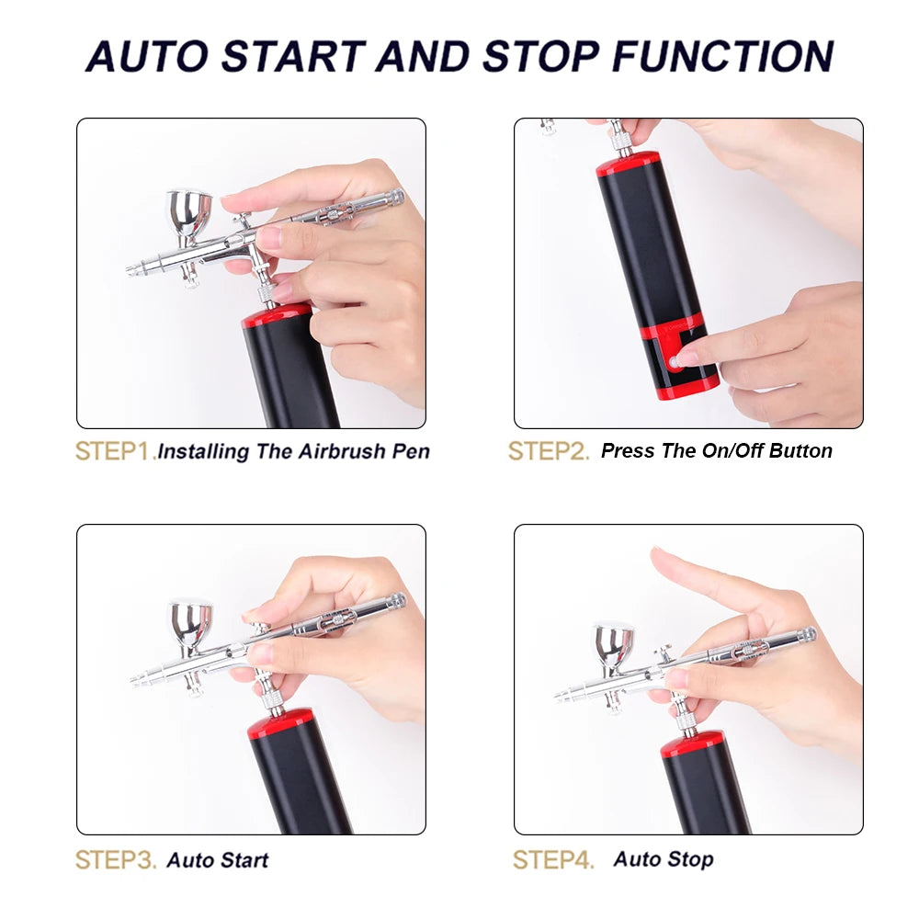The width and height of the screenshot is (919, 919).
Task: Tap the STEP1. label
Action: [115, 451]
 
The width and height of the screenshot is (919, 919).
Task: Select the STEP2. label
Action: [549, 451]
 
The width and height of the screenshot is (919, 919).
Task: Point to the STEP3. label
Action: [115, 860]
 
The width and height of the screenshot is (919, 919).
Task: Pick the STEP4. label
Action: [552, 860]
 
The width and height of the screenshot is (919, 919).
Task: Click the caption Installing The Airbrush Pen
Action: [294, 451]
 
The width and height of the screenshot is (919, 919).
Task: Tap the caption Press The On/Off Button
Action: [716, 451]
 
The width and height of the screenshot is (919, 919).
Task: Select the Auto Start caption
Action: [217, 860]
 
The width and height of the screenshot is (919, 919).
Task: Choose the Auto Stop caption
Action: [663, 860]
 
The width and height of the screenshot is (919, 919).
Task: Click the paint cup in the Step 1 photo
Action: [188, 212]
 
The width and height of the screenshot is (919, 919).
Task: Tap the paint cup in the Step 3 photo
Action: [189, 622]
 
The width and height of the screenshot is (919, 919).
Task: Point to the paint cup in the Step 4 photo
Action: [614, 643]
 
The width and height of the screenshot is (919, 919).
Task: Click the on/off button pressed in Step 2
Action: [676, 361]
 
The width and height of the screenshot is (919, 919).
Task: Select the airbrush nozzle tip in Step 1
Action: [131, 269]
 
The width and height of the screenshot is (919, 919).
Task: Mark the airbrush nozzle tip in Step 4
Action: [559, 696]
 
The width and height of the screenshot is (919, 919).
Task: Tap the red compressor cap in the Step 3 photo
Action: [280, 723]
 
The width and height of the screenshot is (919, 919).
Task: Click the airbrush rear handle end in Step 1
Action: [395, 196]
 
